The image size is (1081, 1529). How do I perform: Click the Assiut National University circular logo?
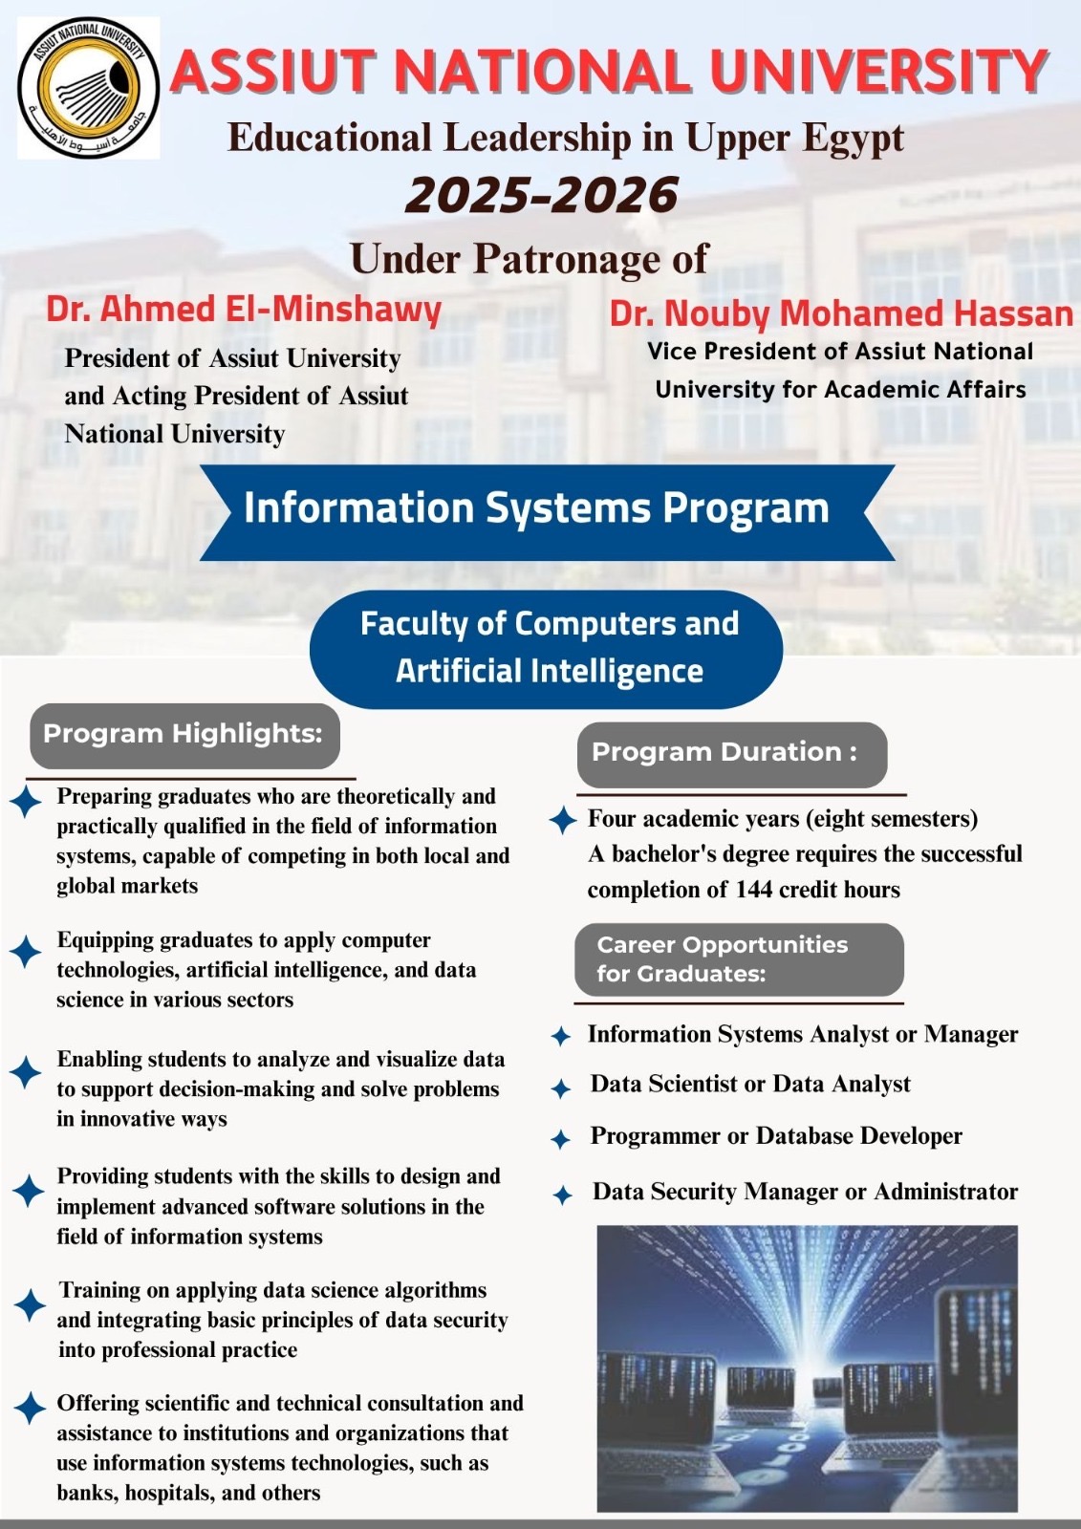tap(88, 88)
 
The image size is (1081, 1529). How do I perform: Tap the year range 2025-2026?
tap(542, 196)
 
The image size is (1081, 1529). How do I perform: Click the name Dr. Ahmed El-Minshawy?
tap(244, 309)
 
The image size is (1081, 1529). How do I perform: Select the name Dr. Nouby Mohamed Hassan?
tap(841, 313)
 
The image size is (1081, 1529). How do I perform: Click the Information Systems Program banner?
tap(537, 508)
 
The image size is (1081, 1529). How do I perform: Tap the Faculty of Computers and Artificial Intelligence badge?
tap(548, 648)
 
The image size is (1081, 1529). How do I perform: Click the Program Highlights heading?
tap(184, 734)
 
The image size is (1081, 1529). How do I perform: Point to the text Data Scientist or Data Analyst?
tap(750, 1084)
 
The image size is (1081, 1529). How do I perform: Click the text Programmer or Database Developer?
tap(776, 1136)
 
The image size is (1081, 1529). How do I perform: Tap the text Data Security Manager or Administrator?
tap(805, 1192)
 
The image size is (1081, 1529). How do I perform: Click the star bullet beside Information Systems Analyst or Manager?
tap(561, 1036)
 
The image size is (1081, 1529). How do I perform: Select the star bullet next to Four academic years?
tap(563, 820)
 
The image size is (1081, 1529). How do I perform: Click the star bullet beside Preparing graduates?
tap(26, 801)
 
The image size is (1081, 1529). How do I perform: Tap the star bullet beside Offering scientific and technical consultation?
tap(31, 1407)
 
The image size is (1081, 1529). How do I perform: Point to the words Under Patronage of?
tap(529, 259)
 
